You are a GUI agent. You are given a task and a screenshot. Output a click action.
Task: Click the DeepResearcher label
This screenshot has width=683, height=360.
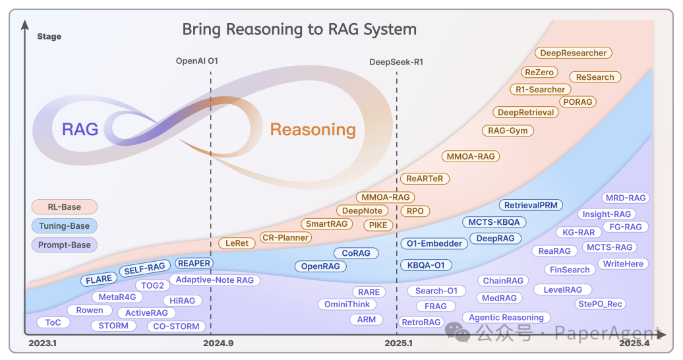tap(573, 53)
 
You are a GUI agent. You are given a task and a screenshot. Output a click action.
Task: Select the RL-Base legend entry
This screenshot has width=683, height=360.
tap(64, 207)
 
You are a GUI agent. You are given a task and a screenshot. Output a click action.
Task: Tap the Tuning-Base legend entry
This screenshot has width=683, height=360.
tap(64, 226)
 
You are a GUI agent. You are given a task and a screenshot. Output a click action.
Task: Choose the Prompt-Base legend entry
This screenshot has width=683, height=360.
tap(64, 245)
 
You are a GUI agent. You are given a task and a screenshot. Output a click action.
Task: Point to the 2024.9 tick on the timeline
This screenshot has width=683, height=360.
tap(218, 344)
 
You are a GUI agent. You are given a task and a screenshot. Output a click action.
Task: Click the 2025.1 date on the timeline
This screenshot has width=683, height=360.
tap(399, 344)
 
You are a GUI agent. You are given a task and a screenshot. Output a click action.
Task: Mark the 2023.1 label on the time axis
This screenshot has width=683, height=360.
tap(43, 344)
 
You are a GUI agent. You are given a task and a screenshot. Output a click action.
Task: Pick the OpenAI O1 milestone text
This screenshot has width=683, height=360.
tap(196, 61)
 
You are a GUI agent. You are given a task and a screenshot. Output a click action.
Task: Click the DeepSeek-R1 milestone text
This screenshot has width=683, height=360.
tap(396, 62)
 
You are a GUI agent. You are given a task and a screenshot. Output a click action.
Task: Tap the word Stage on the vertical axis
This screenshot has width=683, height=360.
tap(49, 36)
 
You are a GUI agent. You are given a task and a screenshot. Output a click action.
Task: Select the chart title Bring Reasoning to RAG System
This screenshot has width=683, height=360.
tap(299, 30)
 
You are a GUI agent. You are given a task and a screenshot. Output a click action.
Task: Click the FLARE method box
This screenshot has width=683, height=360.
tap(99, 280)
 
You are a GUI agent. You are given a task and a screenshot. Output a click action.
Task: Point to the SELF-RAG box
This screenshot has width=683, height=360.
tap(144, 268)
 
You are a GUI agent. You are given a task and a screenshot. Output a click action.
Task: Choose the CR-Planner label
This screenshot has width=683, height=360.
tap(285, 237)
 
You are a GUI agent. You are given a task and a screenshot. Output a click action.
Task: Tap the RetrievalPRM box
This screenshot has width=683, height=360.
tap(531, 205)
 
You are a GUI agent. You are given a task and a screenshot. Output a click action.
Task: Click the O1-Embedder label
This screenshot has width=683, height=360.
tap(434, 243)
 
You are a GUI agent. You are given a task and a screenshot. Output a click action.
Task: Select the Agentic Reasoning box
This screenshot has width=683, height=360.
tap(506, 317)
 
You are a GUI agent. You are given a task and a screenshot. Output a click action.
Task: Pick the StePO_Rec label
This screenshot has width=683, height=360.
tap(601, 304)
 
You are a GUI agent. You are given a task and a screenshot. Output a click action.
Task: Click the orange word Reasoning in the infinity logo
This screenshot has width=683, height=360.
tap(312, 130)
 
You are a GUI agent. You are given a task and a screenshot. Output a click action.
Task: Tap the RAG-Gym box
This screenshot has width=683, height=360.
tap(508, 131)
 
